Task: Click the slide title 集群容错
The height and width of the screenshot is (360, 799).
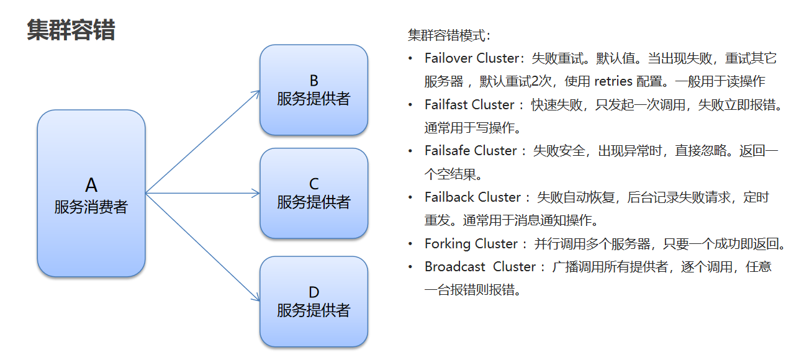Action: (x=71, y=30)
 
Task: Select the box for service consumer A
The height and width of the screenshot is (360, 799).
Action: (x=91, y=193)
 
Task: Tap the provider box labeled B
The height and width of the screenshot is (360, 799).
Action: (x=314, y=90)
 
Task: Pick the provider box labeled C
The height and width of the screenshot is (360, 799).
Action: (x=314, y=193)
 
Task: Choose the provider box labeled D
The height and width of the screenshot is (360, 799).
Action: (x=314, y=302)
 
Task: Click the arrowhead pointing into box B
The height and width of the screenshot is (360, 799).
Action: (x=256, y=93)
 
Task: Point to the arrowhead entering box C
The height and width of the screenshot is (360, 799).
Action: (x=256, y=194)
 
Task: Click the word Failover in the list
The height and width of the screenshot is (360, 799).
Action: (x=448, y=58)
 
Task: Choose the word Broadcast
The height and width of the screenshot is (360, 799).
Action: (x=455, y=267)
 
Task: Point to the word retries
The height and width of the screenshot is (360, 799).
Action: (x=613, y=81)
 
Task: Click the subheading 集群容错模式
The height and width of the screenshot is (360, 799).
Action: (x=449, y=35)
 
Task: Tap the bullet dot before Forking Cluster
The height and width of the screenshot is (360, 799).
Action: (x=410, y=244)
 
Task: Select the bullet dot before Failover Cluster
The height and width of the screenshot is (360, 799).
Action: (x=410, y=58)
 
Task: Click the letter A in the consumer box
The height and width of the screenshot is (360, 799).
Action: (x=91, y=185)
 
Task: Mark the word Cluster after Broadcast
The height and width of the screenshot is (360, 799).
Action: (x=515, y=267)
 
